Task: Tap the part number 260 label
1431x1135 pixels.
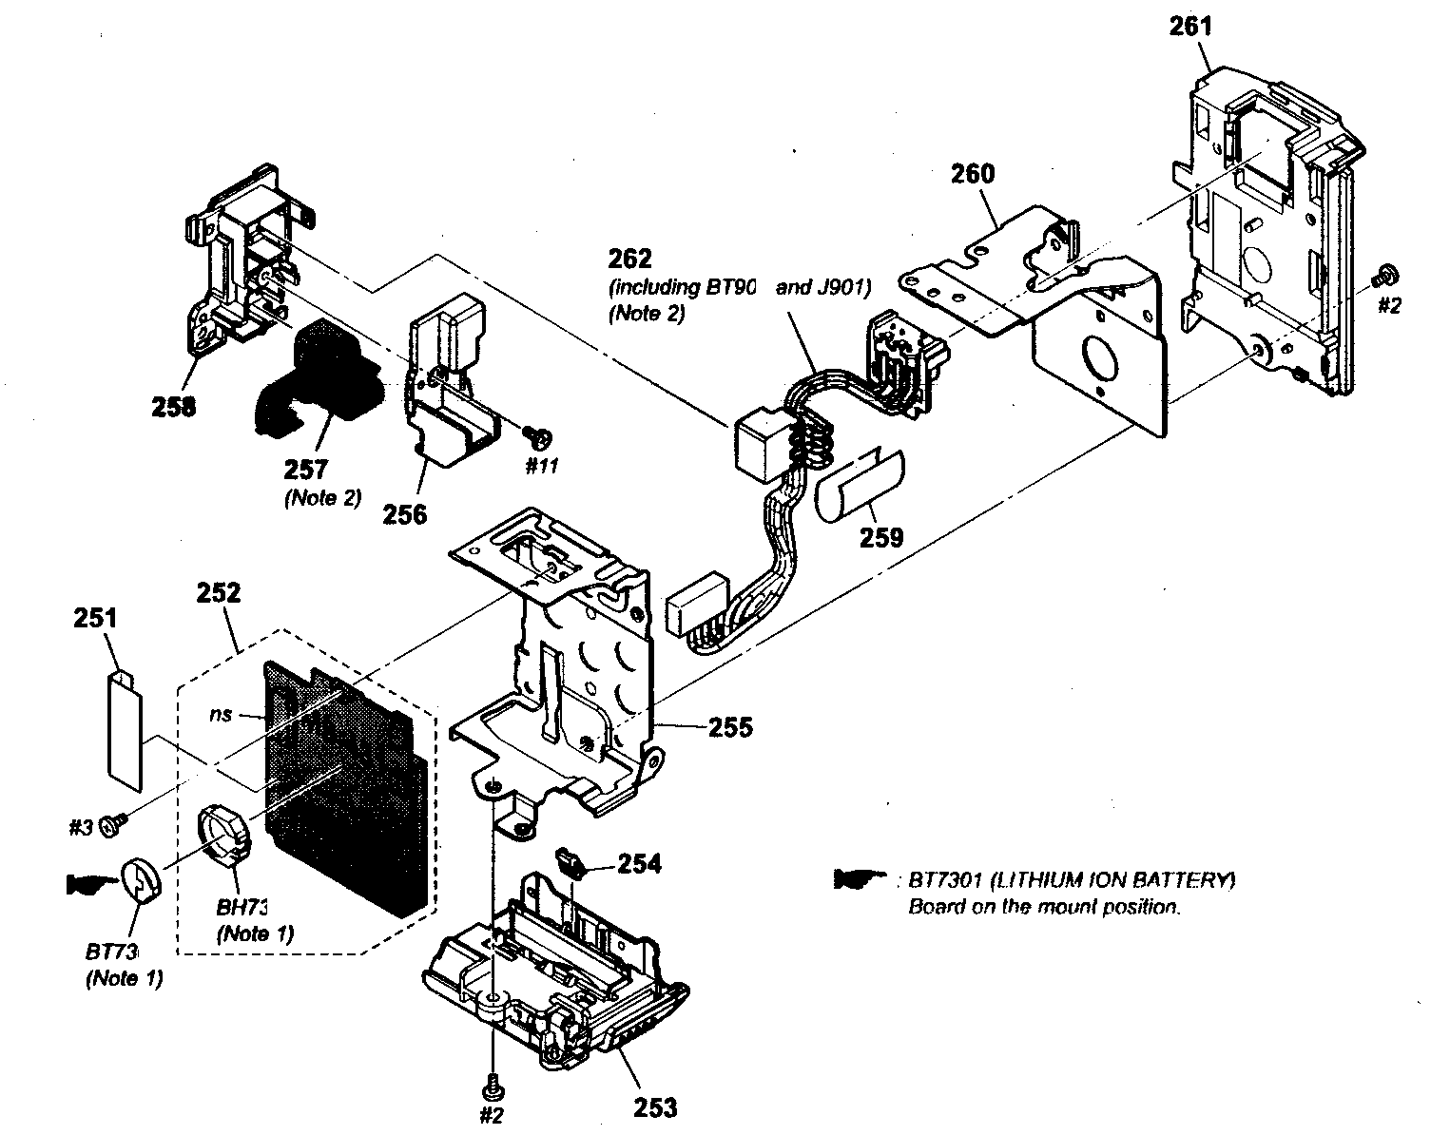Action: [x=972, y=174]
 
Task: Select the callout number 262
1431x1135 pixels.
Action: [x=630, y=259]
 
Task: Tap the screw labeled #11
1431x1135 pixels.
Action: [x=540, y=437]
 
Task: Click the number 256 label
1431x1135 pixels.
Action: [x=405, y=514]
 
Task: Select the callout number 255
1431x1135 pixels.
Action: [x=729, y=727]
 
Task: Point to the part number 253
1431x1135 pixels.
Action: [x=655, y=1107]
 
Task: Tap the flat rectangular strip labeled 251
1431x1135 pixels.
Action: [x=122, y=727]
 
